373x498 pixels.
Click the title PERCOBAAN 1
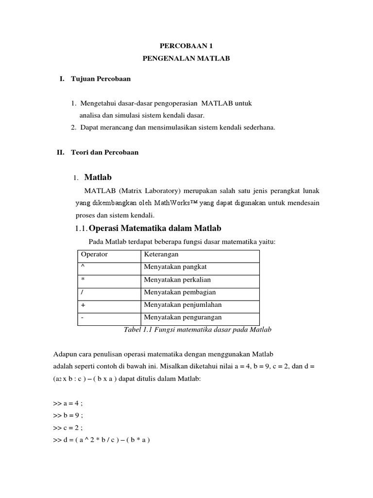[x=186, y=46]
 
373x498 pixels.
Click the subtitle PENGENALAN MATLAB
[x=186, y=58]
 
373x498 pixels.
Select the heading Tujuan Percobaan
[x=101, y=78]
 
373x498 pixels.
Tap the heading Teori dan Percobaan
[x=104, y=152]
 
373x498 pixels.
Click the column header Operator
[x=94, y=254]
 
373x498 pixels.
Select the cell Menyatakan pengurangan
[x=183, y=318]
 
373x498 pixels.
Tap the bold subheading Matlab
[x=98, y=177]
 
